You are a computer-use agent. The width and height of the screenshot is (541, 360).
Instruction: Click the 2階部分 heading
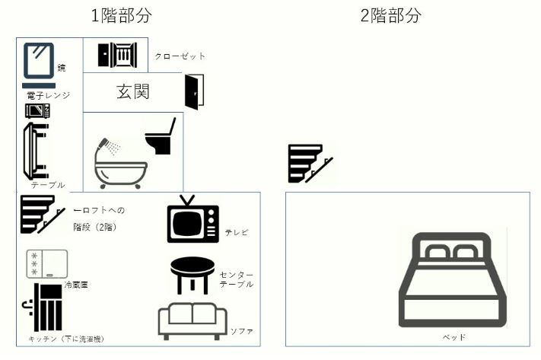tap(390, 16)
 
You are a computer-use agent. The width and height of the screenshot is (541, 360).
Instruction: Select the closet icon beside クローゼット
tap(116, 55)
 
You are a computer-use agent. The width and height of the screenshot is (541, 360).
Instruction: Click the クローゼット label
tap(180, 56)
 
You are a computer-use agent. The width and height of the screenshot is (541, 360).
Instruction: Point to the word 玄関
tap(132, 92)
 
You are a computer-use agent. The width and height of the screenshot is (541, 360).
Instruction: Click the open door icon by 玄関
tap(194, 92)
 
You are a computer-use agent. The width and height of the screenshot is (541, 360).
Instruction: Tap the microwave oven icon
tap(37, 111)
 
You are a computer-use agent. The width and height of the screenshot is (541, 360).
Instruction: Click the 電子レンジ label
tap(47, 95)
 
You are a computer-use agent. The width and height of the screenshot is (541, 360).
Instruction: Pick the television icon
tap(193, 219)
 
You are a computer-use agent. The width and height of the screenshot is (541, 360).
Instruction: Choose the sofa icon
tap(193, 321)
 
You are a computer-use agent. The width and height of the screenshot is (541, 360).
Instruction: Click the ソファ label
tap(241, 332)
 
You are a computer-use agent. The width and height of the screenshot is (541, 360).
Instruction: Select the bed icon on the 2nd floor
tap(453, 279)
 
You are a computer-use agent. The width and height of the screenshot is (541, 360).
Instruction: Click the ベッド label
tap(453, 336)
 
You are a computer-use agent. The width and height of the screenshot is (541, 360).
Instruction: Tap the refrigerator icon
tap(47, 263)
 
